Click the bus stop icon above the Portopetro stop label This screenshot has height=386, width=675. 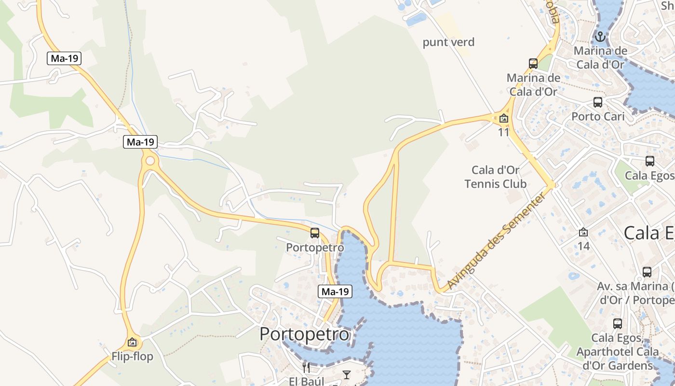click(x=315, y=233)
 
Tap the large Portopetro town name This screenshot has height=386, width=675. click(x=304, y=334)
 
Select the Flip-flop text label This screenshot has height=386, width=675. click(x=132, y=357)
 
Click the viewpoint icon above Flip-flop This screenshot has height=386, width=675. click(x=132, y=342)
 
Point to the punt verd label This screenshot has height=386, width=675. click(x=448, y=42)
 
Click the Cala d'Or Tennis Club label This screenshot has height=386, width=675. click(x=496, y=177)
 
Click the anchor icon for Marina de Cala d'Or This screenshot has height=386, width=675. click(x=600, y=36)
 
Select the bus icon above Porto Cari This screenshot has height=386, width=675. click(x=598, y=102)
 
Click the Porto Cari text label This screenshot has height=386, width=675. click(x=598, y=116)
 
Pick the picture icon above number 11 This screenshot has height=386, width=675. click(x=504, y=118)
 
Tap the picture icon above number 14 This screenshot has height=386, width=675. click(x=583, y=233)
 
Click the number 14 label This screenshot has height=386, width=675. click(x=583, y=246)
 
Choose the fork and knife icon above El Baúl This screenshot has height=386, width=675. click(x=306, y=368)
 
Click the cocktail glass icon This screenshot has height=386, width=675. click(x=346, y=374)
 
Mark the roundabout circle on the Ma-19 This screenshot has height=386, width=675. click(x=150, y=160)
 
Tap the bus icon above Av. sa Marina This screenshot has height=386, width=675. click(x=647, y=272)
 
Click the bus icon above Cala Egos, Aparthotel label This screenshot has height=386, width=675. click(x=618, y=323)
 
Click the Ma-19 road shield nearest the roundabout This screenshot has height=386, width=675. click(x=140, y=142)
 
